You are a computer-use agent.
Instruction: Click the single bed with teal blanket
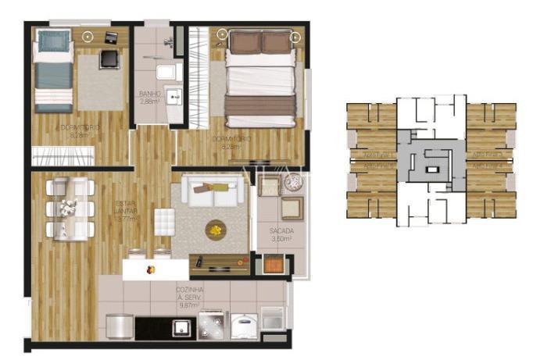coord(55,70)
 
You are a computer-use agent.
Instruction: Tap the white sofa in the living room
coord(213,190)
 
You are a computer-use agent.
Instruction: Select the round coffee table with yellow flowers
coord(215,230)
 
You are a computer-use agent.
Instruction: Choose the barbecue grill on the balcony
coord(272,266)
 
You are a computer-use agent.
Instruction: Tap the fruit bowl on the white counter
coord(151,269)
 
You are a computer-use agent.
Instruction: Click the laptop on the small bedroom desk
coord(111,37)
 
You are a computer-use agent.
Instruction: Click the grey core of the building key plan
coord(431,162)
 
